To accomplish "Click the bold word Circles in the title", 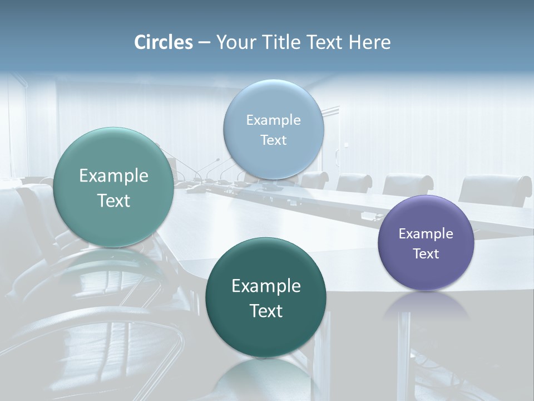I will coord(163,42).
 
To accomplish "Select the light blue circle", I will coord(273,129).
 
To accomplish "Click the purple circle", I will coord(426,243).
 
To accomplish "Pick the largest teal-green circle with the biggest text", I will coord(113,187).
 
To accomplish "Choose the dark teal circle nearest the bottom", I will coord(265,297).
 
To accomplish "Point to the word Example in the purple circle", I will coord(426,233).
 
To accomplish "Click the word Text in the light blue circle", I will coord(273,140).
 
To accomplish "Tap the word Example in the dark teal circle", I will coord(266,286).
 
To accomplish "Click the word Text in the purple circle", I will coord(426,253).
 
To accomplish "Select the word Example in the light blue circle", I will coord(273,120).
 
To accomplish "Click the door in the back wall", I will coord(330,139).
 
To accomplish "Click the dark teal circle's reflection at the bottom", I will coord(266,379).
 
